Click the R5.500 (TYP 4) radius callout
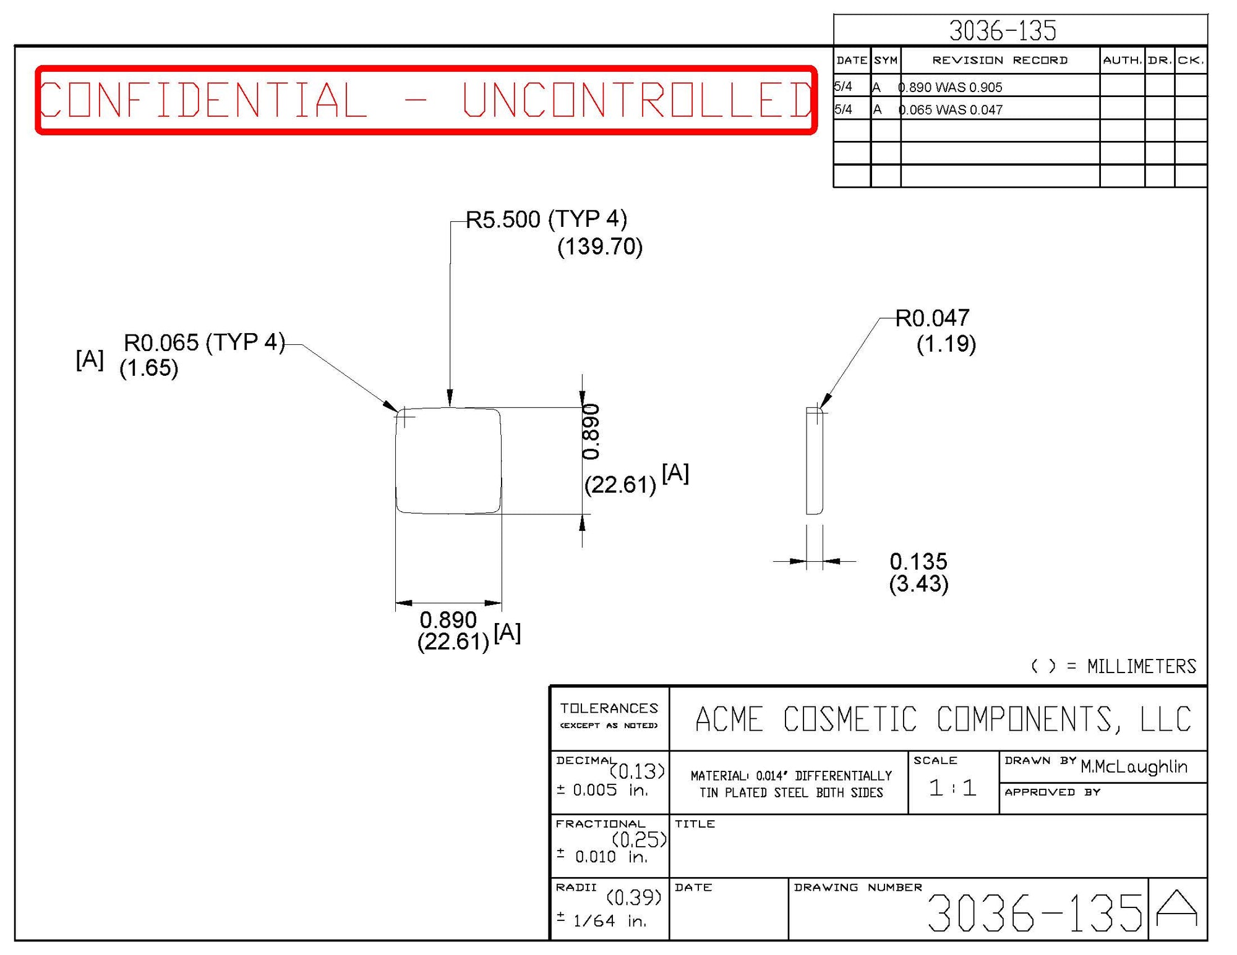[546, 219]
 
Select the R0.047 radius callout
[932, 318]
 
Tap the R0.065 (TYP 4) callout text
[204, 342]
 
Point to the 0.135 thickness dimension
[918, 561]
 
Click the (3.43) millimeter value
[918, 584]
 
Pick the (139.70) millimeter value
[599, 247]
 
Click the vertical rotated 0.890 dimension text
[591, 431]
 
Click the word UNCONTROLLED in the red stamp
[637, 100]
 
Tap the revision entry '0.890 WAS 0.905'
[951, 87]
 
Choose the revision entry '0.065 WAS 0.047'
[951, 110]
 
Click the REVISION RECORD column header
[999, 60]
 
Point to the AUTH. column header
[1121, 60]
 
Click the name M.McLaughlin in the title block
[1133, 766]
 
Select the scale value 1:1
[952, 787]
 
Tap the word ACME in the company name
[729, 719]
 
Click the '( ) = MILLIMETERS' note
[1113, 666]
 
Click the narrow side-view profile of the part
[814, 461]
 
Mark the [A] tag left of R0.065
[90, 359]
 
